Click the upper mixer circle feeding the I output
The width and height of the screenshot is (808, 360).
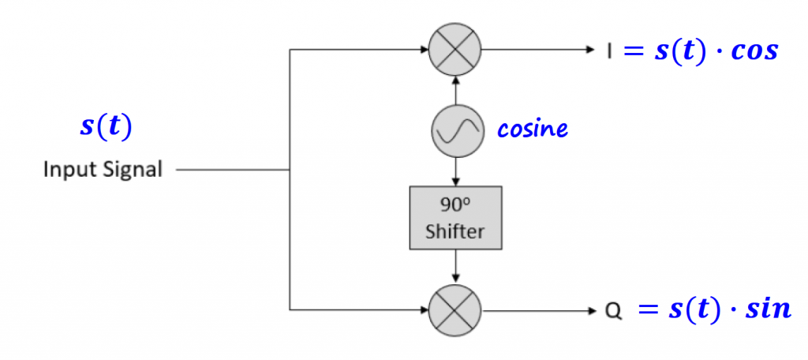455,49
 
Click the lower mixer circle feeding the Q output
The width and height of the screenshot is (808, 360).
455,309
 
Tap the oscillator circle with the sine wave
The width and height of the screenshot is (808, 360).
455,130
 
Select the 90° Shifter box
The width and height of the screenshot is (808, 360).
455,217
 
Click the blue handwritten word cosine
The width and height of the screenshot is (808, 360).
532,129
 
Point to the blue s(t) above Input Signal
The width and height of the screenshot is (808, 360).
106,126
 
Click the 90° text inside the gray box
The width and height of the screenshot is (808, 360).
455,205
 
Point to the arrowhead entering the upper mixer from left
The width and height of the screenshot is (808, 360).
424,50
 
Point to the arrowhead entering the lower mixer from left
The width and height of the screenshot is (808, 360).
424,309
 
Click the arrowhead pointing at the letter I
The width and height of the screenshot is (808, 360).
589,50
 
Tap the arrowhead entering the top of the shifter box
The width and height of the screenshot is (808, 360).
455,182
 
